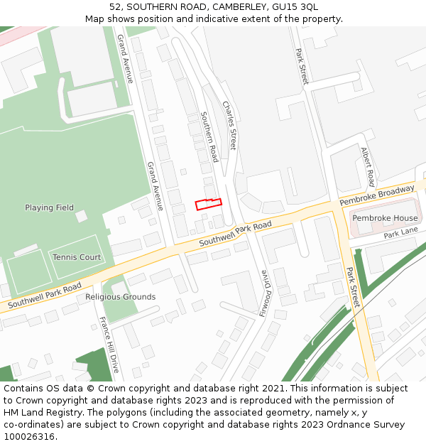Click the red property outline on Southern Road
pyautogui.click(x=209, y=204)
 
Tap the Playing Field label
pyautogui.click(x=49, y=207)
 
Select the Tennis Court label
pyautogui.click(x=76, y=257)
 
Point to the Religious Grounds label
pyautogui.click(x=120, y=297)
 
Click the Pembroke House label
pyautogui.click(x=385, y=218)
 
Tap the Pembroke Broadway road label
pyautogui.click(x=376, y=196)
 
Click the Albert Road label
pyautogui.click(x=367, y=167)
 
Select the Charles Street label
pyautogui.click(x=229, y=125)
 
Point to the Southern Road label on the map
pyautogui.click(x=209, y=136)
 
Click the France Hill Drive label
pyautogui.click(x=109, y=345)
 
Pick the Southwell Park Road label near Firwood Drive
pyautogui.click(x=235, y=234)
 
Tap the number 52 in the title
pyautogui.click(x=116, y=7)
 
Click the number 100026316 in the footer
pyautogui.click(x=28, y=437)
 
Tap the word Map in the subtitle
pyautogui.click(x=95, y=18)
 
